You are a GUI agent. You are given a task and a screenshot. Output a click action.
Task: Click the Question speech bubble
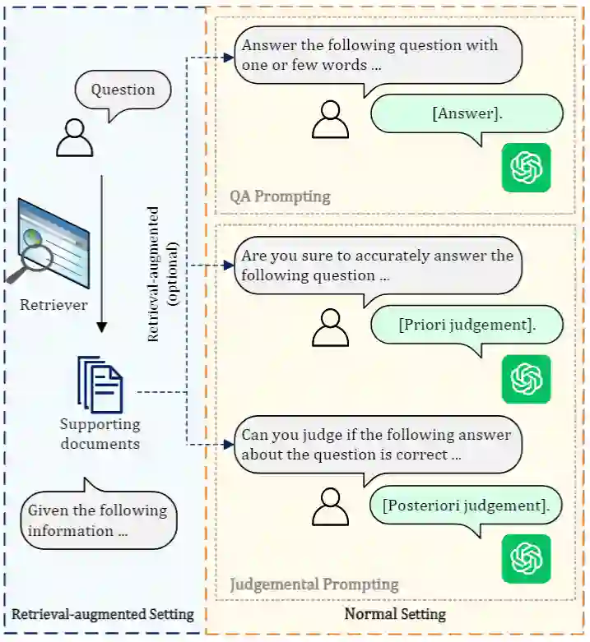pos(123,90)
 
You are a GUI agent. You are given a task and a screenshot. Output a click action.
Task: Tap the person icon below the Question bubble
pos(74,137)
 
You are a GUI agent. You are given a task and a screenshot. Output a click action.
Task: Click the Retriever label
pos(54,306)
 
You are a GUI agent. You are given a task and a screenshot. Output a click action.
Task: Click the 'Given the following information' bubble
pos(98,520)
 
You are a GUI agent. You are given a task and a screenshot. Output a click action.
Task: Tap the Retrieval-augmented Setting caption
pos(103,614)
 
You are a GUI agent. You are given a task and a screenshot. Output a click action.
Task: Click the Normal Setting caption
pos(395,614)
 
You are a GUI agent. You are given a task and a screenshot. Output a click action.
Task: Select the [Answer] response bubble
pos(467,114)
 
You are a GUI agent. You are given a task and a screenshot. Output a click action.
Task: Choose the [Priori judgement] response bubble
pos(467,326)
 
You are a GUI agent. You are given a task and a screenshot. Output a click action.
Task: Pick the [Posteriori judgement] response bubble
pos(466,504)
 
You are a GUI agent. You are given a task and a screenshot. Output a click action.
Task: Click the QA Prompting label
pos(280,196)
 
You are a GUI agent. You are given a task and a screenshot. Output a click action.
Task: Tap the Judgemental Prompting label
pos(314,584)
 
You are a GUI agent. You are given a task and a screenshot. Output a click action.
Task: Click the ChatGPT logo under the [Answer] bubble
pos(526,168)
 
